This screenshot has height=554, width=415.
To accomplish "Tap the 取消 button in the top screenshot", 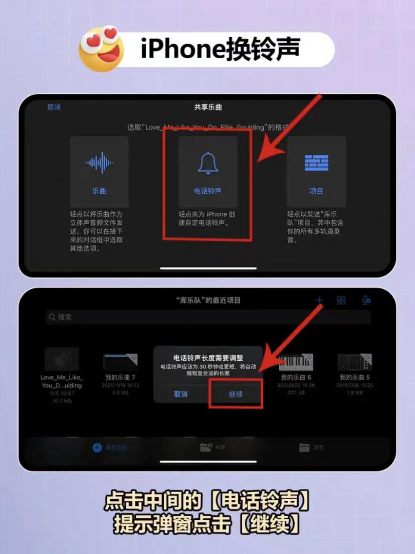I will (x=54, y=107).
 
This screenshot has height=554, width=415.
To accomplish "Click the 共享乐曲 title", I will (x=207, y=107).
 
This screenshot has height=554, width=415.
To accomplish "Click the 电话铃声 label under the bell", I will (x=207, y=191).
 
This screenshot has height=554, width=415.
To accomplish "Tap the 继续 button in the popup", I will (x=236, y=394).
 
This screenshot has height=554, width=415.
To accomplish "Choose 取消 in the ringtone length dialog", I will (x=180, y=394).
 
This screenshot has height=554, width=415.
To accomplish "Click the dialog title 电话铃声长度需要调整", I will (x=208, y=358).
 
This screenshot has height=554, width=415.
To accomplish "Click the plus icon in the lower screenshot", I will (x=319, y=301).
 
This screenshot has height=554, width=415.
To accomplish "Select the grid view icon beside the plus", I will (x=341, y=301).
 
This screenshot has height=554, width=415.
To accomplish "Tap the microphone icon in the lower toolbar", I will (x=366, y=300).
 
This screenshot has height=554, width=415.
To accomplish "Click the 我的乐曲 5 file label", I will (x=354, y=377).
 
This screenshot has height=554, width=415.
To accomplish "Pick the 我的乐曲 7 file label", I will (x=120, y=377).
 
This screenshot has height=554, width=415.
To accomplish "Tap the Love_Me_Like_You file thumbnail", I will (x=62, y=359).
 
